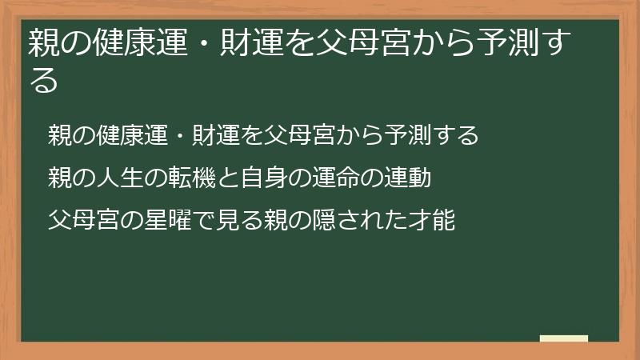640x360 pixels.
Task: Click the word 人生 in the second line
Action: click(x=126, y=178)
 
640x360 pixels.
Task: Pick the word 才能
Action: click(x=432, y=219)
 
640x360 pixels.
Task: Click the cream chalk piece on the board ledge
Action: click(x=564, y=338)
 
